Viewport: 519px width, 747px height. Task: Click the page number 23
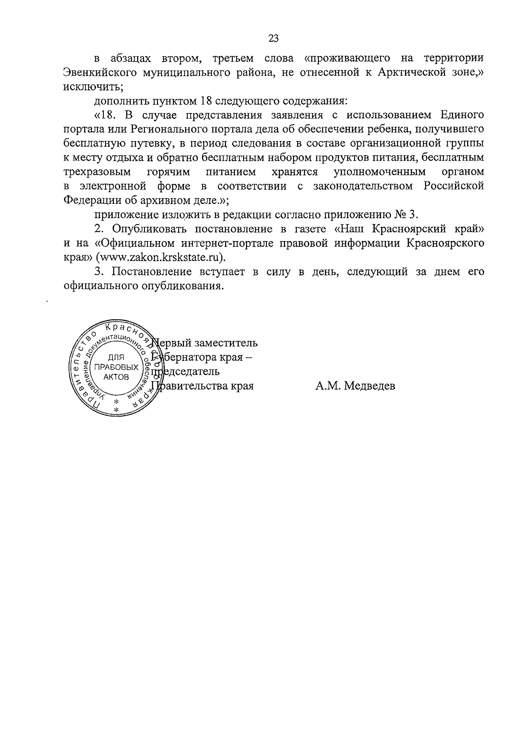pos(273,39)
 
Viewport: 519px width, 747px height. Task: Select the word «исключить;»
pos(93,86)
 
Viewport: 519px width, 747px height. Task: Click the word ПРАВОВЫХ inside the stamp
pos(116,367)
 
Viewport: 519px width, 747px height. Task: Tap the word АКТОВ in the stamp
pos(116,377)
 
